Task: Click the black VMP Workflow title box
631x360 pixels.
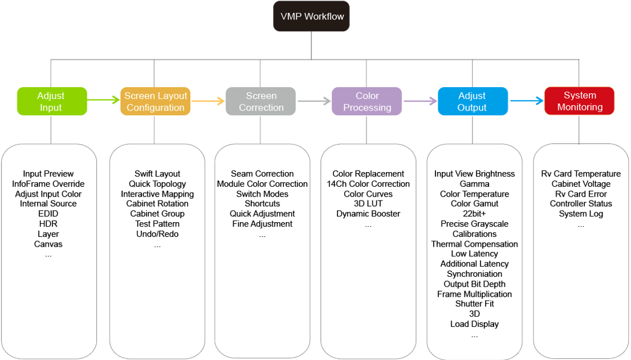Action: pos(311,16)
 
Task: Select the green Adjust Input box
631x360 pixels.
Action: pos(52,101)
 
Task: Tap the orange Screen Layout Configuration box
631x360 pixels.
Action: pos(156,101)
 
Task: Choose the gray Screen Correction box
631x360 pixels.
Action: pos(260,101)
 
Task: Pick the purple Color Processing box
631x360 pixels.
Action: pos(367,101)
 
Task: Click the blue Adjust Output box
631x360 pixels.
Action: pos(473,101)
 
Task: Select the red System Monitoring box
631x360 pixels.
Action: pos(579,101)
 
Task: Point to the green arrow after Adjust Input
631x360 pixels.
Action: pos(103,100)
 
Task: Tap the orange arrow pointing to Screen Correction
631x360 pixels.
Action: pos(208,101)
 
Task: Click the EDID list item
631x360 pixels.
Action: pos(48,214)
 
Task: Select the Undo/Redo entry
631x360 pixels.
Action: pos(157,234)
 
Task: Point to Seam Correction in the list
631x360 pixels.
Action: pos(262,174)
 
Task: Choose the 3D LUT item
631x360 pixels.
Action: pos(368,203)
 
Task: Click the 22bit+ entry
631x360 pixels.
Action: pos(474,214)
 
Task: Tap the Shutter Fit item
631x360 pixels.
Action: pos(474,304)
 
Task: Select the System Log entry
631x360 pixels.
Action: pos(581,214)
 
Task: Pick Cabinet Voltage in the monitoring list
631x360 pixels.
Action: pos(581,184)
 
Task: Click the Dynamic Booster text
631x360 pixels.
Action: pos(368,214)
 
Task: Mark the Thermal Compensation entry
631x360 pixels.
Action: pos(474,244)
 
